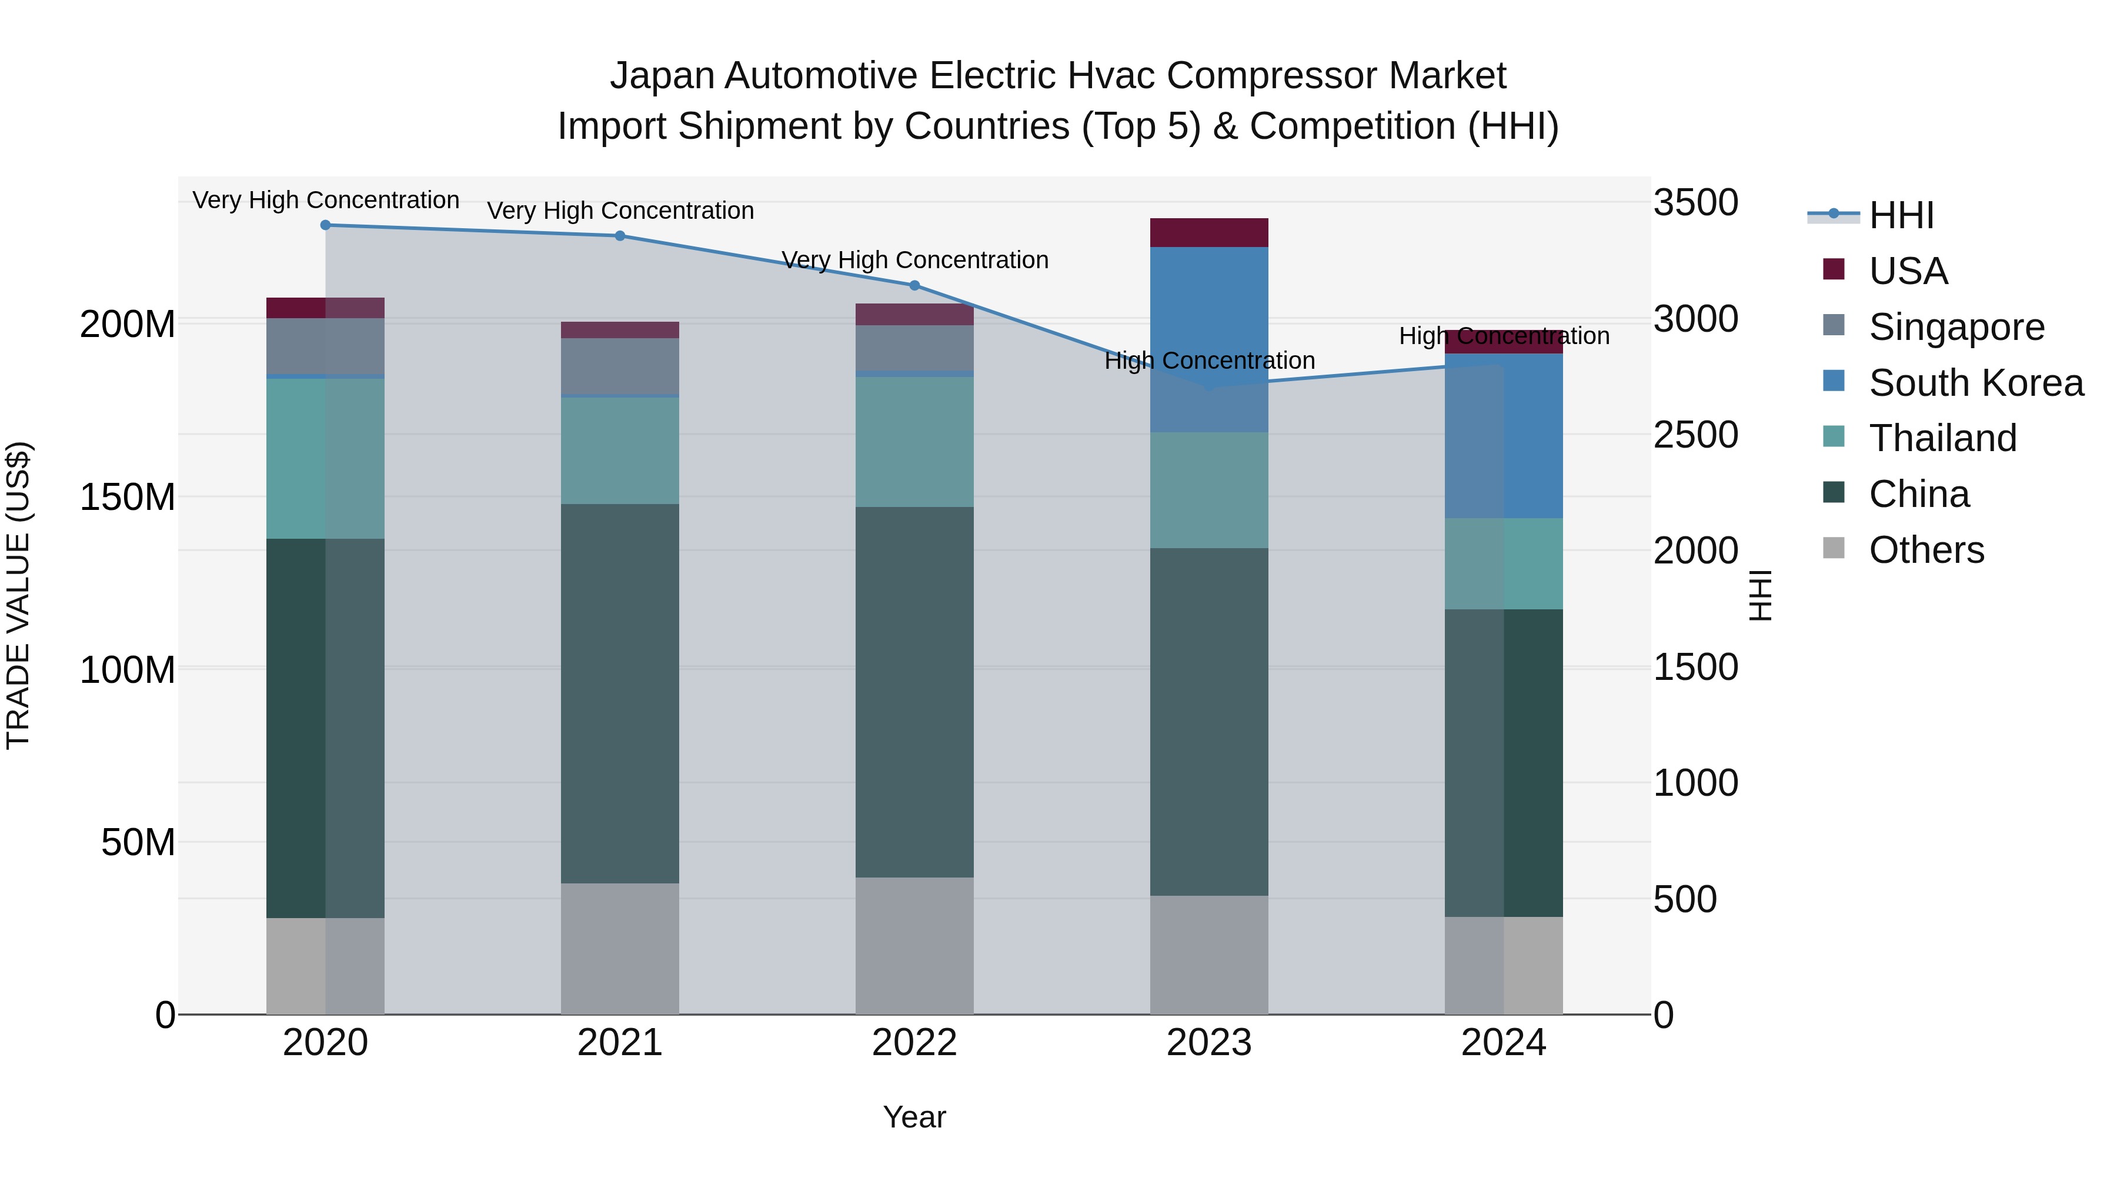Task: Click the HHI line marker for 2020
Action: [x=325, y=225]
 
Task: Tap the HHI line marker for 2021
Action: [x=620, y=236]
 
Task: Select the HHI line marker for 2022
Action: [x=914, y=285]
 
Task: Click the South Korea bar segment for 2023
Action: [x=1209, y=339]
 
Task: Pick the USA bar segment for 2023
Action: [x=1209, y=232]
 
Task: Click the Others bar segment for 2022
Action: [x=914, y=945]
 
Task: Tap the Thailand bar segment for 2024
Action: [x=1504, y=564]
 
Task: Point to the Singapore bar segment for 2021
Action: [x=620, y=366]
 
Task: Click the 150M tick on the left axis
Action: [x=128, y=497]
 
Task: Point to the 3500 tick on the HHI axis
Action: [x=1695, y=203]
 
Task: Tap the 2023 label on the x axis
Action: [x=1209, y=1043]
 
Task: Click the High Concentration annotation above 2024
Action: [x=1504, y=336]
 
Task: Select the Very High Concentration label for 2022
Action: [x=914, y=261]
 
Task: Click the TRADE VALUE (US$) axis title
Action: [x=18, y=595]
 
